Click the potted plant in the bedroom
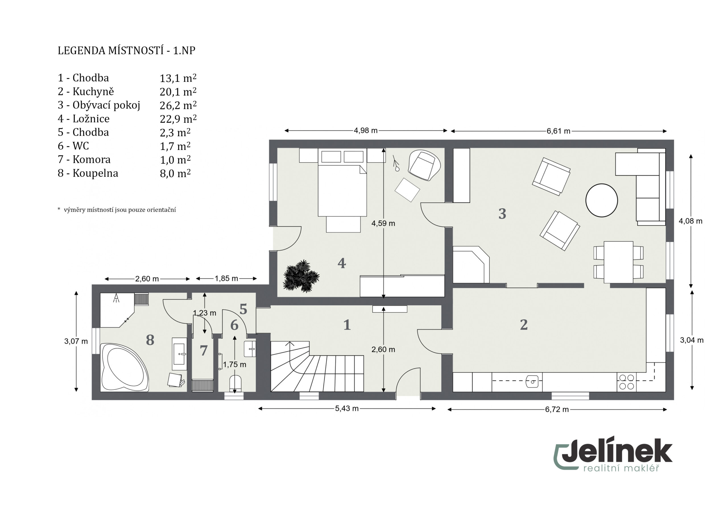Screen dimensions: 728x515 point(301,276)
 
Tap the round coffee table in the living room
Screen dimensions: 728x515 point(601,200)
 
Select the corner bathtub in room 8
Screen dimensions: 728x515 point(125,367)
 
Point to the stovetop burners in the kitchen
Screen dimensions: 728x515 point(626,382)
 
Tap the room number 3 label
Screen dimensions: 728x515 point(502,214)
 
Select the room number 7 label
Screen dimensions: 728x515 point(204,351)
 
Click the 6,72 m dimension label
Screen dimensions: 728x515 point(557,410)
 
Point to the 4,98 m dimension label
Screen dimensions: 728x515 point(366,130)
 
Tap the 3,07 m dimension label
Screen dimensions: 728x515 point(76,341)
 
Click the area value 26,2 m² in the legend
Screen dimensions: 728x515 point(178,105)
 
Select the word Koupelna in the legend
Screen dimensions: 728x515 point(96,173)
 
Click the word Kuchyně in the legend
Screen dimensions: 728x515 point(93,92)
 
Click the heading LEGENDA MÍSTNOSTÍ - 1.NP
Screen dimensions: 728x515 point(127,50)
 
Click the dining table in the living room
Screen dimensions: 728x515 point(618,262)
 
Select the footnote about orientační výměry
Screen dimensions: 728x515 point(117,210)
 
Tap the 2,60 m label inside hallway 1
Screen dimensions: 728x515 point(383,350)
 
